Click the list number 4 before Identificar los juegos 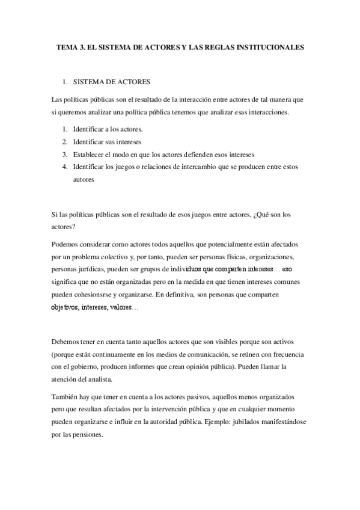point(64,167)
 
